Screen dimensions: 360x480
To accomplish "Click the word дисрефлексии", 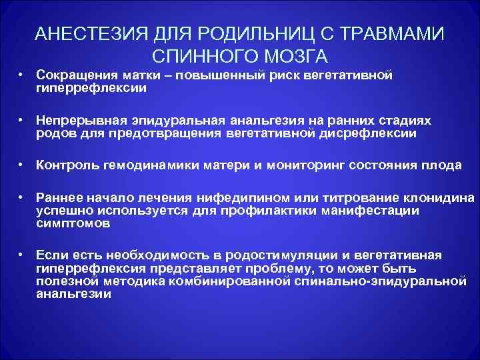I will (377, 133).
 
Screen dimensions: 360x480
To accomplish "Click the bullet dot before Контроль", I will (22, 165).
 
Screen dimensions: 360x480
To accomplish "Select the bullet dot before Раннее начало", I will (22, 198).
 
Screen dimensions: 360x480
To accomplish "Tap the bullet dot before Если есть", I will (22, 255).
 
